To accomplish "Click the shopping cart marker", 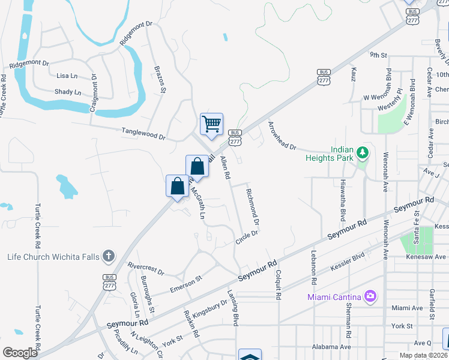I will (211, 125).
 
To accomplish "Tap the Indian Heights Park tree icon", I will (362, 154).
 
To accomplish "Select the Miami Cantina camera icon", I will (370, 296).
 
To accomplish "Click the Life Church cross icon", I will (108, 257).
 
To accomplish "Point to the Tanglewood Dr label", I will (143, 133).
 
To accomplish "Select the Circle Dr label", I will (246, 238).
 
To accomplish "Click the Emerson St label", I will (186, 283).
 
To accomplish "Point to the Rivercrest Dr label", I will (145, 268).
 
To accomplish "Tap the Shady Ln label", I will (68, 92).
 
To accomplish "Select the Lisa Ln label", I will (67, 76).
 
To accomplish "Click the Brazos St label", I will (160, 79).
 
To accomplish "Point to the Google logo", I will (20, 353).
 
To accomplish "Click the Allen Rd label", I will (225, 167).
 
